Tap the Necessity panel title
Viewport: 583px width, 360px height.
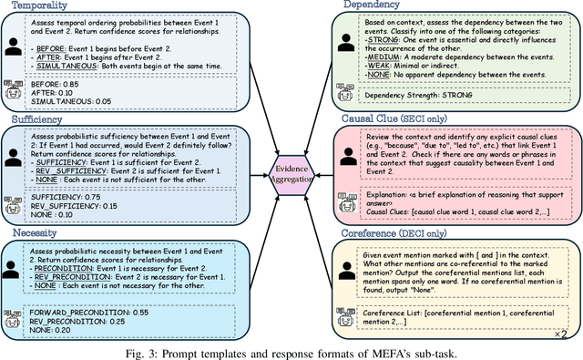tap(33, 232)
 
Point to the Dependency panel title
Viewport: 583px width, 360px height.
tap(371, 6)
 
